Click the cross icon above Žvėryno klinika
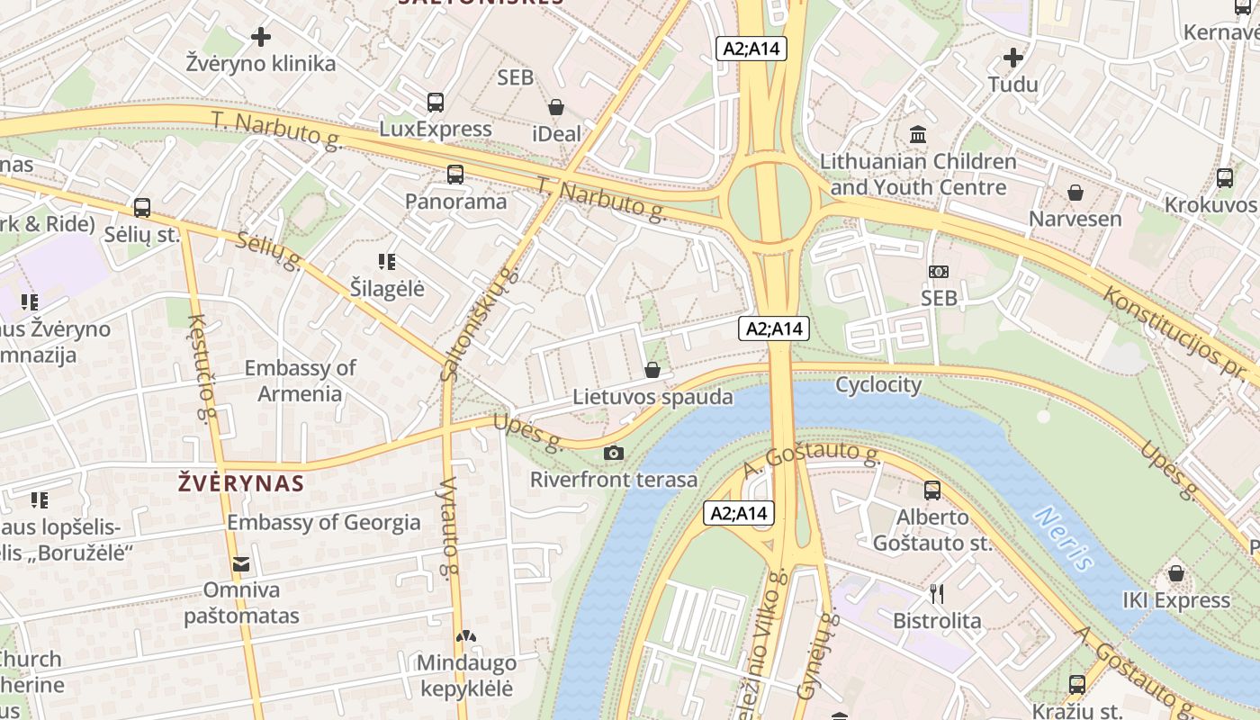tap(261, 37)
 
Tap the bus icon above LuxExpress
tap(436, 102)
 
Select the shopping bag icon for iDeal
tap(556, 108)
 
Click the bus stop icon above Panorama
tap(455, 175)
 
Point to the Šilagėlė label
tap(387, 289)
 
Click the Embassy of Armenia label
tap(300, 381)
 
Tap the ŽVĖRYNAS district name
tap(241, 483)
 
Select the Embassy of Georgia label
tap(323, 522)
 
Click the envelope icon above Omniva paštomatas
tap(241, 564)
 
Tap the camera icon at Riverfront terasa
tap(614, 453)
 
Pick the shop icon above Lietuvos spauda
tap(652, 370)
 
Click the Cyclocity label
tap(878, 385)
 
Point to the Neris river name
tap(1063, 538)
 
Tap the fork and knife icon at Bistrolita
tap(937, 594)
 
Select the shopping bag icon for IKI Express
tap(1175, 573)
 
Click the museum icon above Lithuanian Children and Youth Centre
tap(919, 135)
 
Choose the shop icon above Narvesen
tap(1075, 193)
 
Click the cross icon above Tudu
tap(1013, 58)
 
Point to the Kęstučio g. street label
tap(203, 369)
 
